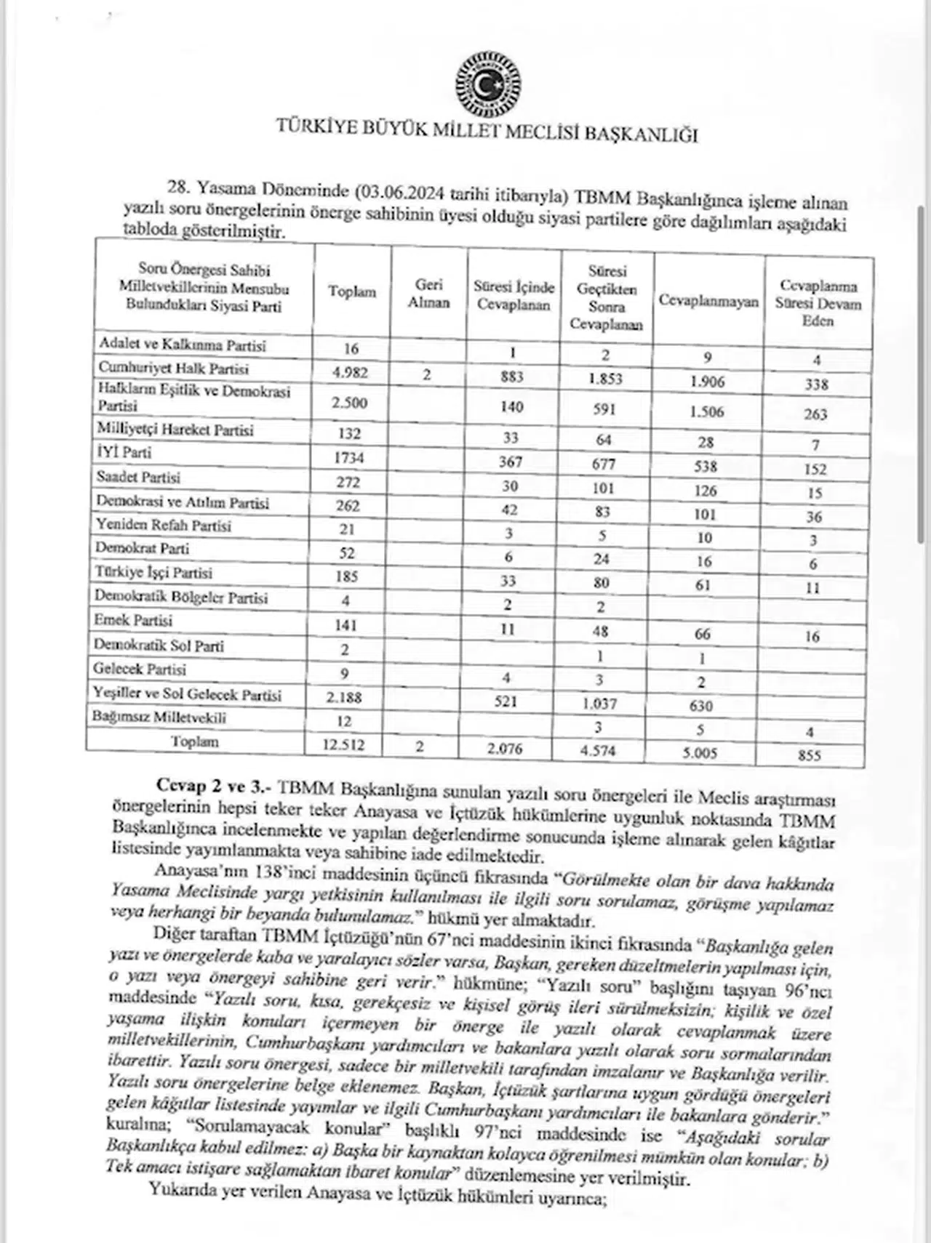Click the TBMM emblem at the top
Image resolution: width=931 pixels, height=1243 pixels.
[488, 87]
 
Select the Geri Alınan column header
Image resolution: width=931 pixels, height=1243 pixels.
[428, 294]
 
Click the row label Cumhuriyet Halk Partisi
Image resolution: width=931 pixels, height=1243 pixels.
[174, 369]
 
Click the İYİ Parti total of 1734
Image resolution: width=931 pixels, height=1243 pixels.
[347, 458]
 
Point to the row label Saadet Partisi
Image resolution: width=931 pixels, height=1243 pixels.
[138, 478]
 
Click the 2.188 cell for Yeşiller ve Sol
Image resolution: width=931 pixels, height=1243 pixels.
[344, 697]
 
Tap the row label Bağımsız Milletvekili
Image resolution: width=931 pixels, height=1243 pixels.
[159, 717]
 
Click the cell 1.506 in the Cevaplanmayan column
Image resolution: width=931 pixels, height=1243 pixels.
[706, 411]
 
